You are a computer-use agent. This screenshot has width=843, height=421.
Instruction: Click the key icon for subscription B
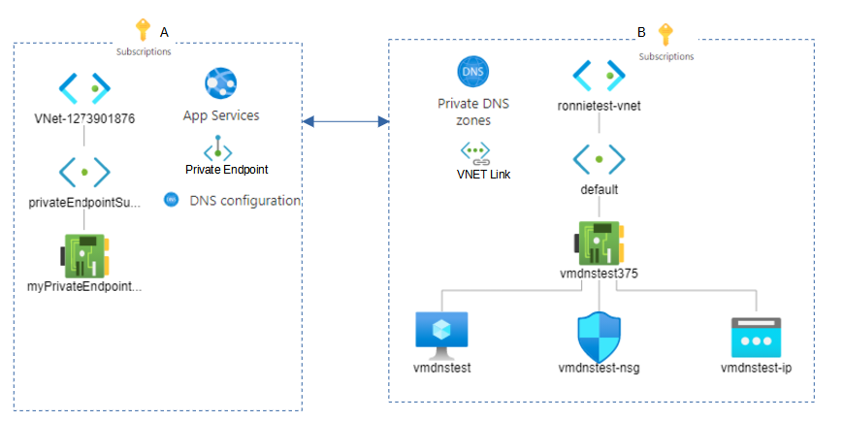point(665,35)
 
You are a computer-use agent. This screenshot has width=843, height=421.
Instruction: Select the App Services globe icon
point(220,84)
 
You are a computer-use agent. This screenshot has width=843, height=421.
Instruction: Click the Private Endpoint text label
point(226,169)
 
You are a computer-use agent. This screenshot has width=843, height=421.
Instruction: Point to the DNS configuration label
point(244,201)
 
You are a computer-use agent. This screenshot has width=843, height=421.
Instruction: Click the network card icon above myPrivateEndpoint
point(84,255)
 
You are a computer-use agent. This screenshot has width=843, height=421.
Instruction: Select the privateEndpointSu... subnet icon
point(84,172)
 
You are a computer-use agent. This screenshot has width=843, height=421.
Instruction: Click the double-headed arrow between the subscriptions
point(345,121)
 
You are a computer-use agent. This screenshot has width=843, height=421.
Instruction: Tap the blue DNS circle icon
point(473,72)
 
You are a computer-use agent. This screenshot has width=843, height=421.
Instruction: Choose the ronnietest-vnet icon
point(598,76)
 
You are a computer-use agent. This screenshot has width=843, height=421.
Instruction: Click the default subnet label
point(598,190)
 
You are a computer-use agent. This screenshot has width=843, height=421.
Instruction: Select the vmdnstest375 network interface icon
point(598,242)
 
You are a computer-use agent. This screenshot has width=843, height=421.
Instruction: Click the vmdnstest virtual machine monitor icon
point(441,333)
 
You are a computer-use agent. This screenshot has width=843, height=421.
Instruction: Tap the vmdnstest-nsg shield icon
point(598,336)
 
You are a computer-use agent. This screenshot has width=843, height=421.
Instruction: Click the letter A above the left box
point(164,32)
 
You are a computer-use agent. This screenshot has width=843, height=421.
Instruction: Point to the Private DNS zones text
point(473,112)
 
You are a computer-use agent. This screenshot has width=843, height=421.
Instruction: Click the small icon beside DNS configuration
point(171,200)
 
